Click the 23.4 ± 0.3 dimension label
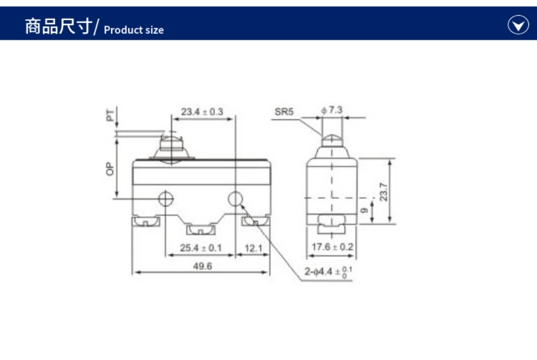202,112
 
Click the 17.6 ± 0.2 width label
332,247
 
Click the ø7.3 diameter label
332,110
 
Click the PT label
110,115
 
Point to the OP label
110,170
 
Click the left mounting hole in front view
166,199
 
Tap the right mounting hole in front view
235,199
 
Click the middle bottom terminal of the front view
201,231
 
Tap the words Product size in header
134,30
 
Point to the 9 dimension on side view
365,211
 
